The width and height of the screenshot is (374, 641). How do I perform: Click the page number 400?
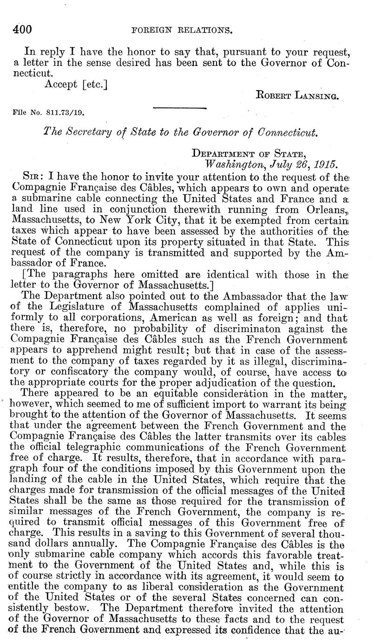tap(22, 30)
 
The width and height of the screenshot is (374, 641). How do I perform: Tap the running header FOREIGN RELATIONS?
tap(183, 31)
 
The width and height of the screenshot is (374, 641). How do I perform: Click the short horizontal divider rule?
tap(179, 109)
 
